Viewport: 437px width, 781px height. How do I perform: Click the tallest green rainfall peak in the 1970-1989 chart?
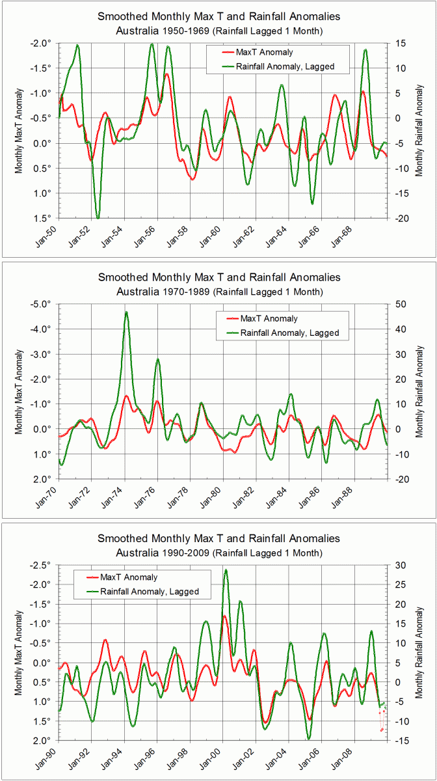[126, 312]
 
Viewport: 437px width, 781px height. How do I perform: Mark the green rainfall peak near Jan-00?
[226, 570]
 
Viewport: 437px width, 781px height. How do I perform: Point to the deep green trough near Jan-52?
[98, 217]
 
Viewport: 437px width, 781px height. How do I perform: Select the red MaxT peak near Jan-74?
[126, 396]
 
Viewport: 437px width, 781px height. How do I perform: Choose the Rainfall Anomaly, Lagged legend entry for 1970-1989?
[289, 333]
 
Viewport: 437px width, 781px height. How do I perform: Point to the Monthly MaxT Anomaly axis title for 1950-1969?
[19, 130]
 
